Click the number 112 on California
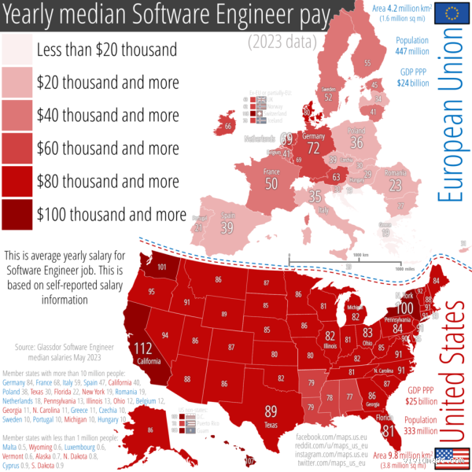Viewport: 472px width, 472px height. (143, 349)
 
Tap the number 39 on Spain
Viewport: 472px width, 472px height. (227, 227)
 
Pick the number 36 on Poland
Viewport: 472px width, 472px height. (356, 142)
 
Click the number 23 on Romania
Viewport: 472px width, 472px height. (395, 184)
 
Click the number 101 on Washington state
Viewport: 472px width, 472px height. (161, 267)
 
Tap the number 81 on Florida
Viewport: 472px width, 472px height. (388, 430)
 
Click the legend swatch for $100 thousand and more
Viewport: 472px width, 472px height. (17, 214)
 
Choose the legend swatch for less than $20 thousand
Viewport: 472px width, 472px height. (17, 49)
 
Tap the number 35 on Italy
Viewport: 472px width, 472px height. (315, 196)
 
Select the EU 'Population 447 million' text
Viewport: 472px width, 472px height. (412, 44)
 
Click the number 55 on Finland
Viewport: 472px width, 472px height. (367, 63)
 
